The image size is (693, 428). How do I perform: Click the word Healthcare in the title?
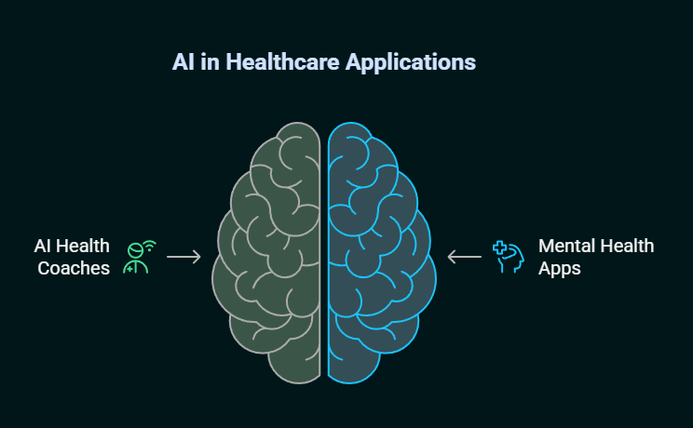282,61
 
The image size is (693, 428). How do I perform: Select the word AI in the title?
183,61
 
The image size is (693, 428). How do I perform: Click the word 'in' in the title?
210,61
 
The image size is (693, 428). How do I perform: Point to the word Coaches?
74,268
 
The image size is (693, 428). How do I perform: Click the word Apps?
560,269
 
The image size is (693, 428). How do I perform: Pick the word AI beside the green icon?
42,246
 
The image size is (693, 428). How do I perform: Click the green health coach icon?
140,257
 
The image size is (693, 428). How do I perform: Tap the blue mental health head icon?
509,257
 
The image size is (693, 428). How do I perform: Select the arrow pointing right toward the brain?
183,257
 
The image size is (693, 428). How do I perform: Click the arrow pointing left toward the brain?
465,257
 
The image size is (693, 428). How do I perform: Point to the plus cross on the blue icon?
499,247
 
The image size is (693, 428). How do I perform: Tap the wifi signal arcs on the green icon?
150,246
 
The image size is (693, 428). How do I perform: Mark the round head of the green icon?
135,251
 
